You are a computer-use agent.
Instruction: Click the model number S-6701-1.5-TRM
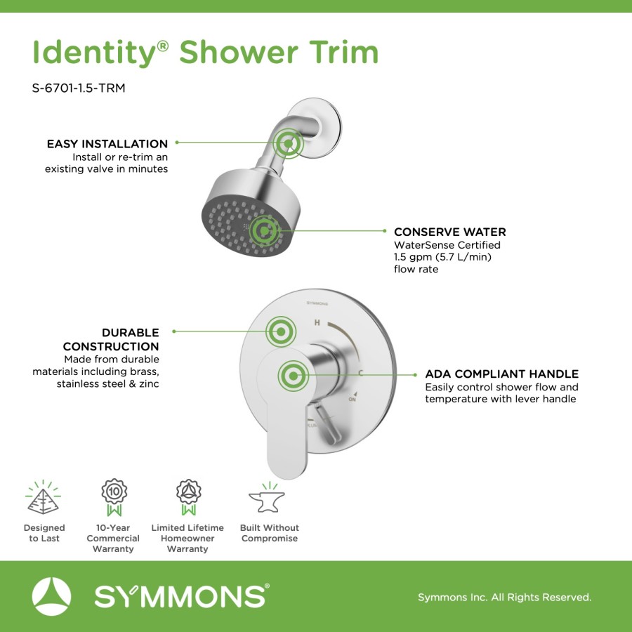tap(79, 88)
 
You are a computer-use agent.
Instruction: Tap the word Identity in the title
tap(94, 53)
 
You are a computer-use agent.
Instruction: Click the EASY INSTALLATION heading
tap(107, 144)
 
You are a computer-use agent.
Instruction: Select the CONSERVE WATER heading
tap(450, 232)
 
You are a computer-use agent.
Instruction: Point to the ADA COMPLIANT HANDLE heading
tap(502, 374)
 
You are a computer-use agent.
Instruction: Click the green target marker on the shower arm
tap(288, 143)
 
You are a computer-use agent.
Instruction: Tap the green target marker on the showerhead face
tap(264, 230)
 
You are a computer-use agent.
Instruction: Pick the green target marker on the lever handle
tap(293, 376)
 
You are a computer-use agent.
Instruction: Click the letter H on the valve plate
tap(317, 322)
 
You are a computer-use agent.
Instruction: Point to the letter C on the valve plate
tap(361, 374)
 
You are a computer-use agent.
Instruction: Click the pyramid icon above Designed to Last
tap(43, 498)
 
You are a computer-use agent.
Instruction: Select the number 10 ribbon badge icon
tap(114, 497)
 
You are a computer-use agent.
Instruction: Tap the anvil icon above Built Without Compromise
tap(267, 498)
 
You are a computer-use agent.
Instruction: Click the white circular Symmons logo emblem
tap(51, 596)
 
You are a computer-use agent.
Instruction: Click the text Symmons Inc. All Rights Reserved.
tap(505, 597)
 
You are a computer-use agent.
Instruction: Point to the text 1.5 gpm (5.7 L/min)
tap(442, 257)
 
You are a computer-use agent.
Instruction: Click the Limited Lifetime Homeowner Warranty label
tap(187, 538)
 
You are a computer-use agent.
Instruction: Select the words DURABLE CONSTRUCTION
tap(111, 339)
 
